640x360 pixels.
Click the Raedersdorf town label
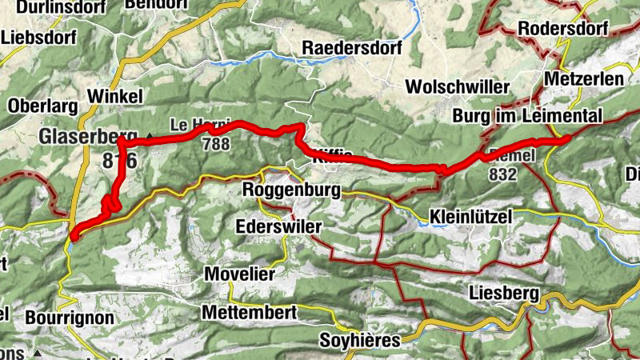coord(350,48)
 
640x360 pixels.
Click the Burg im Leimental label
coord(527,116)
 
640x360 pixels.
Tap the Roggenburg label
coord(290,192)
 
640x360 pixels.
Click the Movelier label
coord(240,274)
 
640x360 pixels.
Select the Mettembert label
coord(249,311)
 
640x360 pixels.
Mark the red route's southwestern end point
coord(74,235)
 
